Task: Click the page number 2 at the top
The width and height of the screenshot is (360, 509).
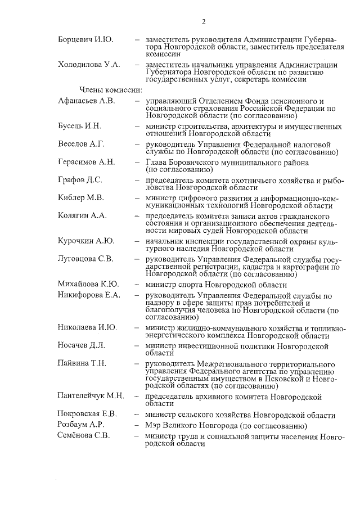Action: click(204, 22)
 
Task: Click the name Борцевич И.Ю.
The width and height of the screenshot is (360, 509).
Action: click(85, 39)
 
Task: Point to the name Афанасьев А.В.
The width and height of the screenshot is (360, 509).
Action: click(86, 101)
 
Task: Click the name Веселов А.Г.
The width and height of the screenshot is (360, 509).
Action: click(82, 143)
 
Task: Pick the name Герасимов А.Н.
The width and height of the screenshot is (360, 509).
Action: click(86, 162)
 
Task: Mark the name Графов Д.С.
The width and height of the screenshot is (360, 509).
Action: click(80, 180)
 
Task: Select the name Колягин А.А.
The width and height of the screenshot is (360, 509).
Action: click(82, 215)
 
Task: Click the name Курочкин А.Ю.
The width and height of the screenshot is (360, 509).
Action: click(86, 241)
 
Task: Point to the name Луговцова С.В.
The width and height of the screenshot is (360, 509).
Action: click(85, 259)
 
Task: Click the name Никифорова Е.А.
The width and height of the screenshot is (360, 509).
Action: click(89, 295)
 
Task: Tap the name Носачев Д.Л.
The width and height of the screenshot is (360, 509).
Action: click(82, 345)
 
